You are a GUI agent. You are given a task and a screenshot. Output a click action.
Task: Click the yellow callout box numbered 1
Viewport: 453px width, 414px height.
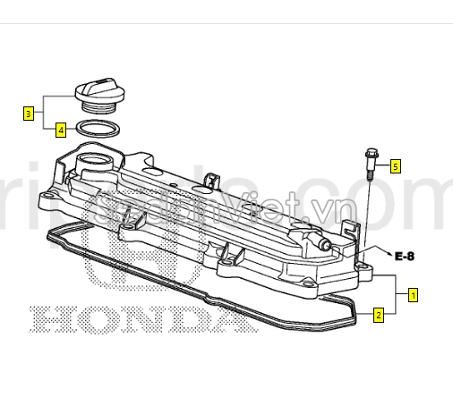coord(413,293)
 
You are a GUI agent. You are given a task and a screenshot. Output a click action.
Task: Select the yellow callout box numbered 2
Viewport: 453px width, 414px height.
coord(379,315)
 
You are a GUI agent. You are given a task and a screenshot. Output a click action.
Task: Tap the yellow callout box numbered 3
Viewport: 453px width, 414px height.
coord(29,114)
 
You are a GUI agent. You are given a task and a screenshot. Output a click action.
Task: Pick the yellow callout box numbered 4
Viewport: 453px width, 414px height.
coord(60,130)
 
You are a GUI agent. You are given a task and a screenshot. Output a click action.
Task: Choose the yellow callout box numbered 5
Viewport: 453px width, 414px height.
coord(395,165)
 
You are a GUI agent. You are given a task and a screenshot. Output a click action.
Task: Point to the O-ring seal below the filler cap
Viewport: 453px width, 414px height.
coord(94,130)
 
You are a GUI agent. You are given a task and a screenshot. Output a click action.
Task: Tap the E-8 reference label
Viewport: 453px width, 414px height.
coord(406,255)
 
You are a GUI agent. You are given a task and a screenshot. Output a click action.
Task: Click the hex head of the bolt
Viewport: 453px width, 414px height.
coord(370,155)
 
